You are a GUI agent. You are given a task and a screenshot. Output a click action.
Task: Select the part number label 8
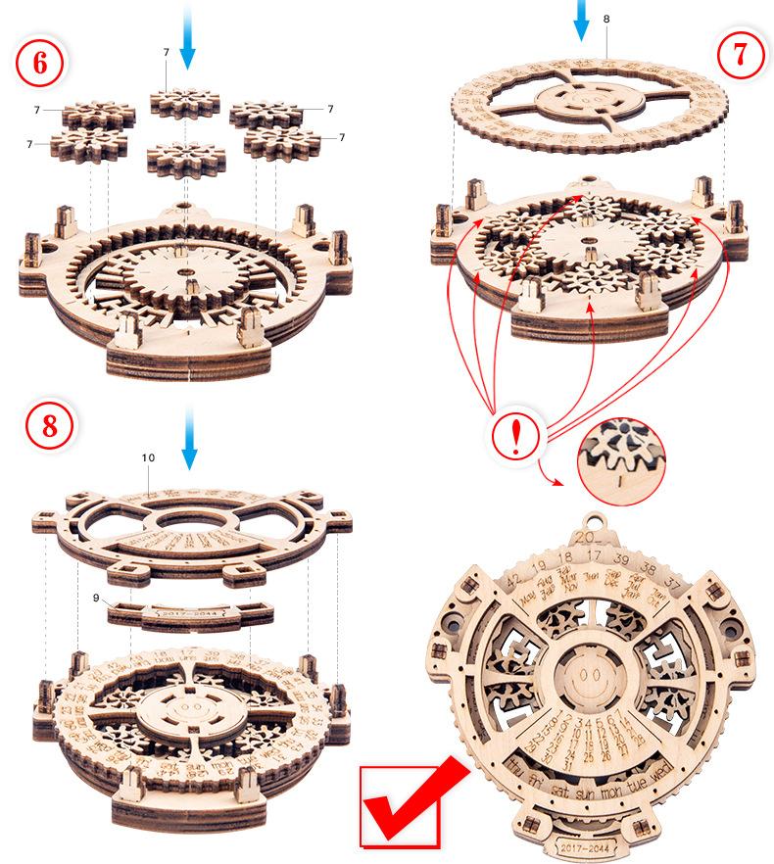(606, 19)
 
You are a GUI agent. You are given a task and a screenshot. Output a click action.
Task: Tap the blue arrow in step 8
(189, 443)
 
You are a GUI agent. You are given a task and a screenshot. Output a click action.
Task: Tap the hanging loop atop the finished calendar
(595, 521)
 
